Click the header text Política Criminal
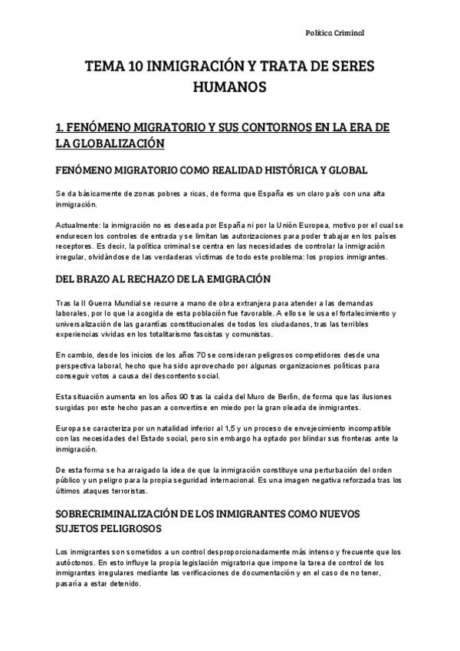334,34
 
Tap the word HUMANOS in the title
229,89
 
